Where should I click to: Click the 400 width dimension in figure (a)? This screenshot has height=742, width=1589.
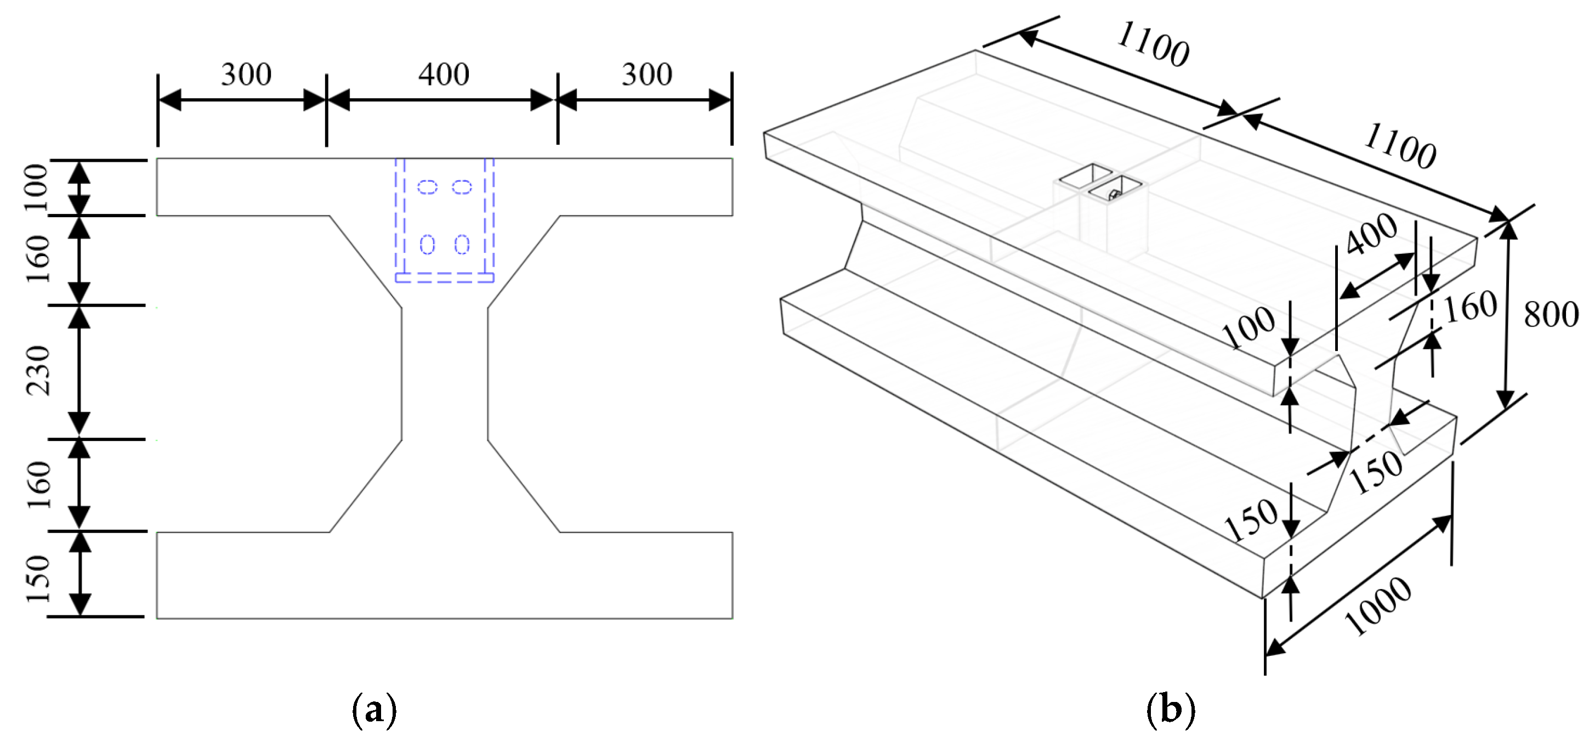(x=444, y=75)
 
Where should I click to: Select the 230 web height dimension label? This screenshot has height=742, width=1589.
(x=39, y=370)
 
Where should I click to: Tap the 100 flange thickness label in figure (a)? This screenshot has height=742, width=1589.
(x=37, y=188)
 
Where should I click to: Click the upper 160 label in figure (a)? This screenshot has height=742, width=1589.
(x=39, y=259)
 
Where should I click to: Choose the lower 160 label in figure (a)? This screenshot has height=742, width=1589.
(x=39, y=485)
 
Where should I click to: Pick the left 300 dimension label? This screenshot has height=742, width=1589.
(x=246, y=75)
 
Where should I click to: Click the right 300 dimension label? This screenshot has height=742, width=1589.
(x=646, y=75)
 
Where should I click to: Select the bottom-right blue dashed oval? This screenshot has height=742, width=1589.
(x=462, y=245)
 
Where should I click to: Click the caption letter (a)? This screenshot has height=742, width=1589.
(x=374, y=711)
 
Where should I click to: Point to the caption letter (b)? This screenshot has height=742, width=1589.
(x=1170, y=711)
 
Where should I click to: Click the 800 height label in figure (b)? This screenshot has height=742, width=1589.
(x=1551, y=315)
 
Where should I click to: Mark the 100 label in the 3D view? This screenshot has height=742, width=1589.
(x=1250, y=327)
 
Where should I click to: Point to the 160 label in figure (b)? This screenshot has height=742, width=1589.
(x=1471, y=307)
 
